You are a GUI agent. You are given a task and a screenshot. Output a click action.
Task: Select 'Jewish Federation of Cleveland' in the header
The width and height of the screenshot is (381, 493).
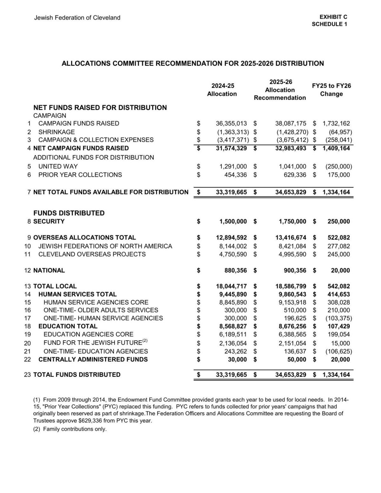(77, 18)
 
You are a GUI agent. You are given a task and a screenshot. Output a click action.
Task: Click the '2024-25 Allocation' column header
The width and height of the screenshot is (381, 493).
(222, 90)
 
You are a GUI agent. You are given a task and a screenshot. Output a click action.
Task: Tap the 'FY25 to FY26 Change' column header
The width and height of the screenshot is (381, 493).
(331, 90)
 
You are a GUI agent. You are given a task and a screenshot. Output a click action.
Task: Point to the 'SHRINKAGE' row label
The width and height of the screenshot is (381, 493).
(57, 132)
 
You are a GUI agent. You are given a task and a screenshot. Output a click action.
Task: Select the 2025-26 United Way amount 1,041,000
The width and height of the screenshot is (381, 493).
(292, 166)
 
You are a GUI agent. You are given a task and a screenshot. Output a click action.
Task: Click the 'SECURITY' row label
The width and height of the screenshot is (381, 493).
(49, 221)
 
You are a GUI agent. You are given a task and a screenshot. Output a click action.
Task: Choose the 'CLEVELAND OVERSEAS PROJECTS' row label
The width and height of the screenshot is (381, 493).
(92, 254)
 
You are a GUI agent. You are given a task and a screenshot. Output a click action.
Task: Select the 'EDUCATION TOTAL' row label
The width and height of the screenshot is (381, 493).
(68, 326)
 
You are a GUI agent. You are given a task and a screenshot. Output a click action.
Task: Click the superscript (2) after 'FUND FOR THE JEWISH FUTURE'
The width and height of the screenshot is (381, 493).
(145, 341)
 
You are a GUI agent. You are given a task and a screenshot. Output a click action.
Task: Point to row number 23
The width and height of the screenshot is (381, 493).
(27, 375)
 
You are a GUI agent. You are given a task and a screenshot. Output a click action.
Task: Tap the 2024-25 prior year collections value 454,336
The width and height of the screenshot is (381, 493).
(235, 175)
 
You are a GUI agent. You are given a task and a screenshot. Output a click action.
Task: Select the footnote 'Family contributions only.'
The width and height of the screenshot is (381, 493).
(75, 429)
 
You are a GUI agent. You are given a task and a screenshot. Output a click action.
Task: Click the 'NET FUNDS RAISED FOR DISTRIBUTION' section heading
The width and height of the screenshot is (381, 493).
(100, 108)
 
